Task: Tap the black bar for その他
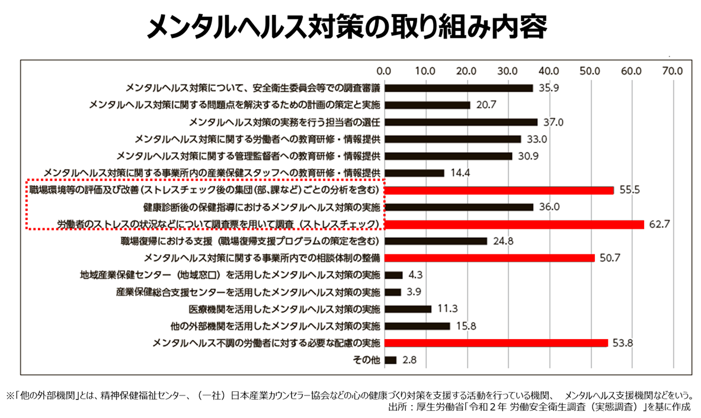tap(390, 360)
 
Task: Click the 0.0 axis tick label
tap(385, 71)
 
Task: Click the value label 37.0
tap(553, 122)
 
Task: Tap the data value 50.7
tap(610, 258)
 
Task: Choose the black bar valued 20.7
tap(428, 105)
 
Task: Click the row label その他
tap(366, 360)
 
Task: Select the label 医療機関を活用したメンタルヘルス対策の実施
tap(284, 309)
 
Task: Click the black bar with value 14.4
tap(415, 173)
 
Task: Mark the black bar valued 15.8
tap(418, 326)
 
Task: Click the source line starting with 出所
tap(539, 407)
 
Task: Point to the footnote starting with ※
tap(350, 394)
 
